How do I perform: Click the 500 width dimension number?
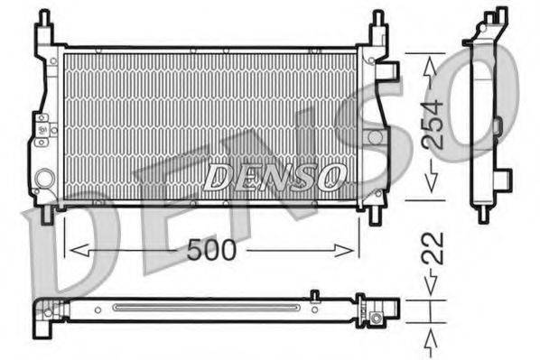coord(211,251)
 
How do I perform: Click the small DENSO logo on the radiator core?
coord(274,178)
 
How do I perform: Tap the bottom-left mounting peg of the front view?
coord(42,217)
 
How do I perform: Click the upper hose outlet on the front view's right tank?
coord(391,69)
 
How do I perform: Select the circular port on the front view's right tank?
coord(375,136)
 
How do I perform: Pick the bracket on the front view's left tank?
coord(39,128)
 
